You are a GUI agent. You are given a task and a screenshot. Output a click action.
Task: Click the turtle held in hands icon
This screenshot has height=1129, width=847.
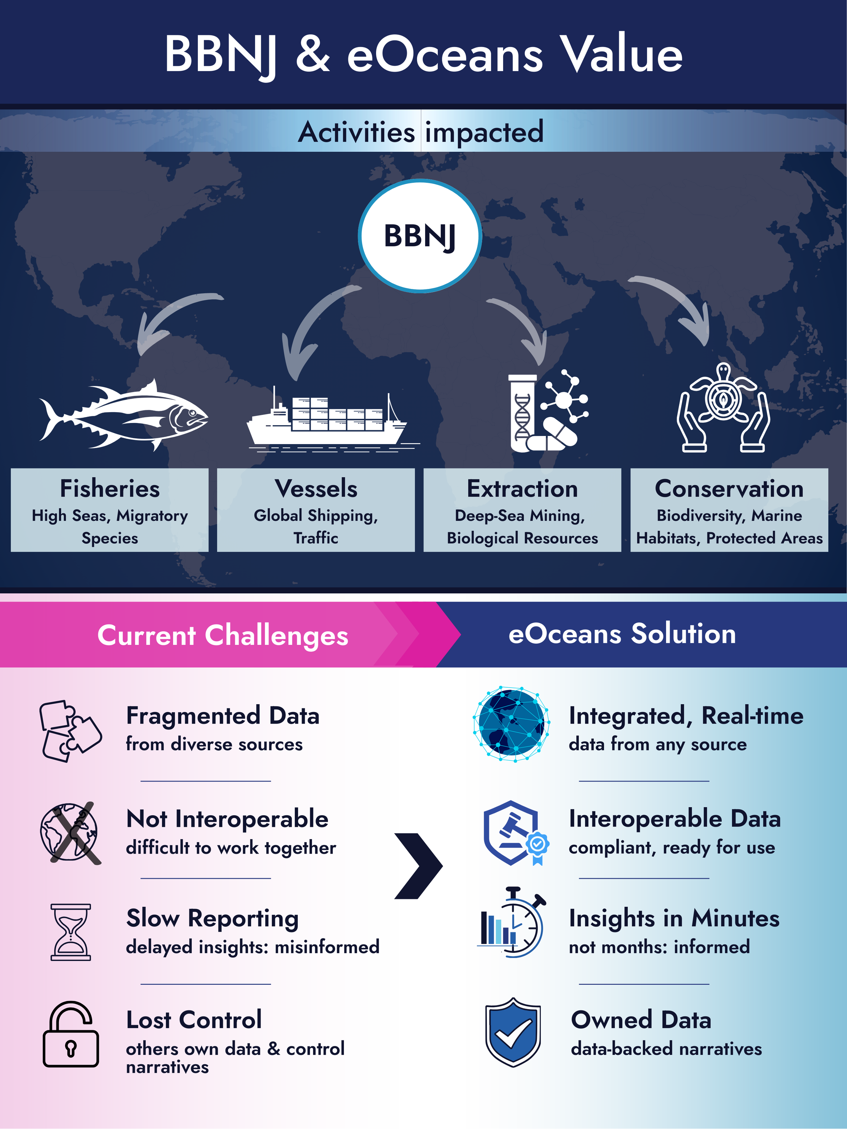(723, 408)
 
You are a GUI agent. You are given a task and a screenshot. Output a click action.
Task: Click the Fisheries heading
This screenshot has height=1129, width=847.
(110, 488)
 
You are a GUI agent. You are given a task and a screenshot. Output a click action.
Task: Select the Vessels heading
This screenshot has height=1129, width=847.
(316, 488)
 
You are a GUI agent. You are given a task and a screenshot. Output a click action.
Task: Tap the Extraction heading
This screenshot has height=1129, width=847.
(522, 488)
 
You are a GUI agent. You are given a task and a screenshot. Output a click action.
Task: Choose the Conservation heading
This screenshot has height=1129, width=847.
(729, 488)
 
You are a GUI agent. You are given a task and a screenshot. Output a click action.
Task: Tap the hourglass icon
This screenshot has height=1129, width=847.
(70, 932)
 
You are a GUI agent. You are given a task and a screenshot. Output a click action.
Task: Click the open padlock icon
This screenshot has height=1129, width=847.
(70, 1034)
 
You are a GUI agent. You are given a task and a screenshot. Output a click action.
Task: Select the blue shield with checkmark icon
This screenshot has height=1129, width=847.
(513, 1032)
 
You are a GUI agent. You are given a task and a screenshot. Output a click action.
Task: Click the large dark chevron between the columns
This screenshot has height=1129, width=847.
(419, 866)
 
